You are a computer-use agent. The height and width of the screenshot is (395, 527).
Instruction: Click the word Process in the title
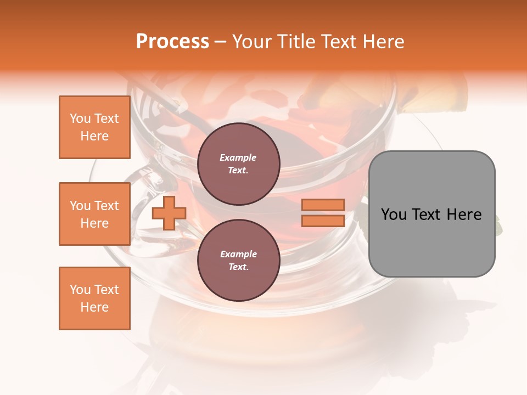[x=172, y=42]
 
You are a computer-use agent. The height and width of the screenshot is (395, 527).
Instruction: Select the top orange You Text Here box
[x=94, y=127]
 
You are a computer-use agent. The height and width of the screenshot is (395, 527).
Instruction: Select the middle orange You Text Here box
[x=94, y=214]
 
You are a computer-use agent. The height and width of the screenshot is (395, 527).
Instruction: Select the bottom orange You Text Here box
[x=94, y=298]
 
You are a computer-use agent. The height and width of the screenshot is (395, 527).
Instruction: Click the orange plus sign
[x=169, y=213]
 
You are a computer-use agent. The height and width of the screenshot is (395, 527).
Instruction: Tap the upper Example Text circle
[x=238, y=163]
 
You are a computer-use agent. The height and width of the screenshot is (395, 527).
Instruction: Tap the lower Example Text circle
[x=238, y=260]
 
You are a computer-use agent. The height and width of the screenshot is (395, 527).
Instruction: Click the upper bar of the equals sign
[x=323, y=205]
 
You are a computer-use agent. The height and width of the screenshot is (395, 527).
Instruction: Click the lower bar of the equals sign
[x=323, y=221]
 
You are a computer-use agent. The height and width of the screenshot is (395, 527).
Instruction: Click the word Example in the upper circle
[x=238, y=157]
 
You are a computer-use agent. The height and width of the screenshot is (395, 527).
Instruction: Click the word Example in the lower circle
[x=238, y=254]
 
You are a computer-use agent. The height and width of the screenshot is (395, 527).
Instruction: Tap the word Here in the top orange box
[x=94, y=136]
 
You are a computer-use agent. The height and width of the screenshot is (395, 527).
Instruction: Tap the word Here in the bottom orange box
[x=94, y=307]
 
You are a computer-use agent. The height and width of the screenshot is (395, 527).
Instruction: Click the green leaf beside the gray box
[x=498, y=225]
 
